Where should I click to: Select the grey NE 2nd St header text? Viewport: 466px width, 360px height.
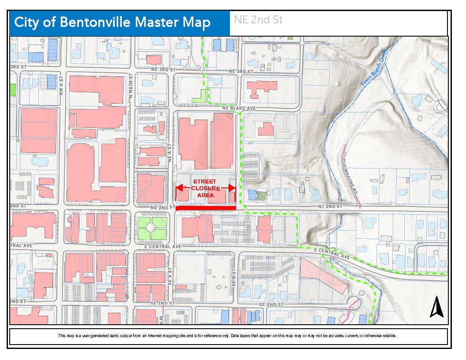(x=258, y=20)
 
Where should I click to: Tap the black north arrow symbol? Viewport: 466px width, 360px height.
(x=436, y=307)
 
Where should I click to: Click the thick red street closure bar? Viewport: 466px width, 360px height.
(x=206, y=208)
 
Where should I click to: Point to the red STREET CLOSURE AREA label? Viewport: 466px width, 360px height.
(x=205, y=188)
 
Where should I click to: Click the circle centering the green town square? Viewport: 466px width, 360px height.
(x=150, y=227)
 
